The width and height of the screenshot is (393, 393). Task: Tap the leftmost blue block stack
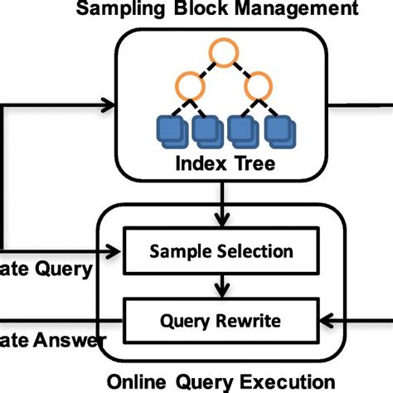pos(172,129)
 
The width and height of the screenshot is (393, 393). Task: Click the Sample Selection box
pos(221,250)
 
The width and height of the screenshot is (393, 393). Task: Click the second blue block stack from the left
pos(205,129)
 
